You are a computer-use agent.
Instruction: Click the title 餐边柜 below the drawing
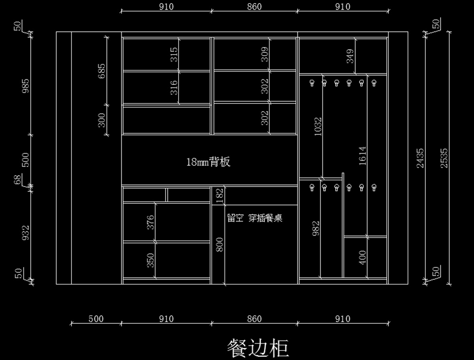click(x=258, y=347)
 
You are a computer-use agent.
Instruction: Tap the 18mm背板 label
click(x=208, y=162)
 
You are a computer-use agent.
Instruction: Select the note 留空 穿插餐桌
click(x=255, y=218)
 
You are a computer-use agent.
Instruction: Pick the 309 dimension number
click(x=265, y=54)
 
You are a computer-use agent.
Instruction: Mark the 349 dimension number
click(x=350, y=56)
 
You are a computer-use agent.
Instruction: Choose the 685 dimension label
click(x=102, y=71)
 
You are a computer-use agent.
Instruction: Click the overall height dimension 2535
click(x=444, y=158)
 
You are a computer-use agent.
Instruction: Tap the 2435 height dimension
click(x=420, y=158)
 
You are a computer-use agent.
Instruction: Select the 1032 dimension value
click(x=318, y=126)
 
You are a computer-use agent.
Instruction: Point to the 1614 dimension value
click(x=362, y=156)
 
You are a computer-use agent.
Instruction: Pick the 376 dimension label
click(x=150, y=223)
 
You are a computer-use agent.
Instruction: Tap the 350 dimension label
click(x=150, y=260)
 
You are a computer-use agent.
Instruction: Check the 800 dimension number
click(x=220, y=244)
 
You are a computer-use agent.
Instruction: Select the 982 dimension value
click(x=316, y=229)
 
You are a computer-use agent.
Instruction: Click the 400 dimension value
click(x=362, y=257)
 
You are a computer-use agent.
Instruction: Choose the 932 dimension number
click(x=26, y=233)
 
